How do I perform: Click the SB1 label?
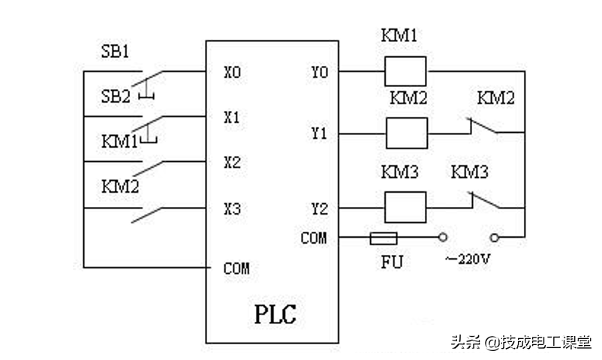click(x=115, y=53)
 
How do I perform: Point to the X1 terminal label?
click(x=233, y=117)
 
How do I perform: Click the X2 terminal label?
click(x=233, y=162)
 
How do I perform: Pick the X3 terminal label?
click(x=233, y=208)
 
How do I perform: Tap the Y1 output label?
click(x=319, y=133)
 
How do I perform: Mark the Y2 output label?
click(x=319, y=208)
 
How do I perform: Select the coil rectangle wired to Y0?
click(x=406, y=72)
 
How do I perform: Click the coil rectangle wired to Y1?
click(x=406, y=133)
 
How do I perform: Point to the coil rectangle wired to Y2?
click(x=406, y=208)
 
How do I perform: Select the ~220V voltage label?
click(x=468, y=259)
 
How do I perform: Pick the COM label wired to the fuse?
click(x=314, y=238)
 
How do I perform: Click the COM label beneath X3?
click(x=236, y=268)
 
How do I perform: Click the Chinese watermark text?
click(x=520, y=342)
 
